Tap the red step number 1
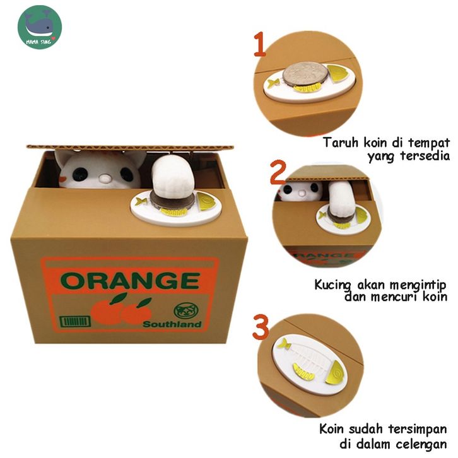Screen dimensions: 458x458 click(260, 44)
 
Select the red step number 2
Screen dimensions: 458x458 click(278, 172)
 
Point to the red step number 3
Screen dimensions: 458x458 click(261, 327)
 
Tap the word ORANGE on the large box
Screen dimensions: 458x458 click(131, 280)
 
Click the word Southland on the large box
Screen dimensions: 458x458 click(172, 324)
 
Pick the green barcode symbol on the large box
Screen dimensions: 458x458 click(75, 321)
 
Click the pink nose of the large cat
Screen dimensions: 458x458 click(103, 178)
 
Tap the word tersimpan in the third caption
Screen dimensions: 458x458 click(418, 430)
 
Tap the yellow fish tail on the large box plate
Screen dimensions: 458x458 click(139, 201)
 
